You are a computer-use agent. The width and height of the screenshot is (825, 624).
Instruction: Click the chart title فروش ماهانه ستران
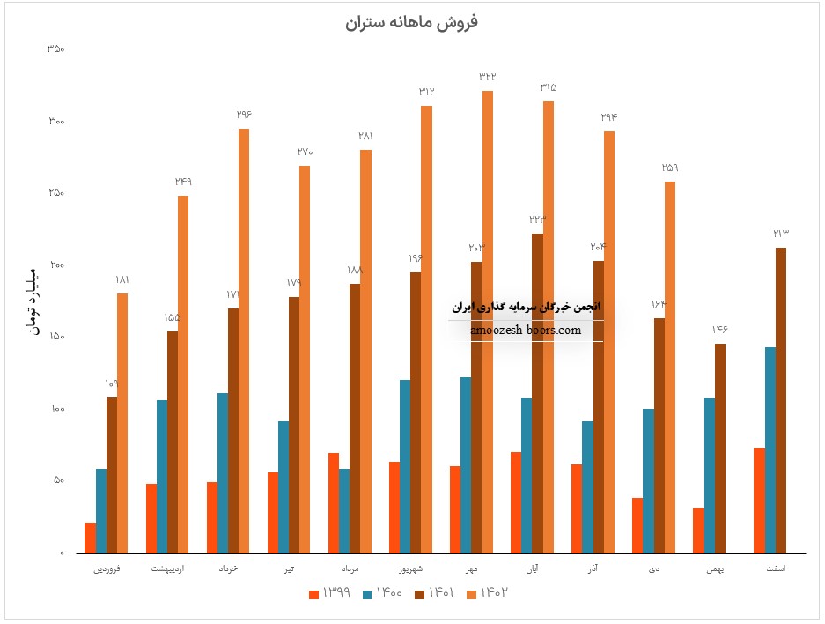pos(412,22)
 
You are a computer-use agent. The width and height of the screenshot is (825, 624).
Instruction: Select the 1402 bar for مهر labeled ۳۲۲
pos(488,322)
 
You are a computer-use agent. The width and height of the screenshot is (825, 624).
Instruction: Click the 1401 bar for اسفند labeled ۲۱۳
pos(781,400)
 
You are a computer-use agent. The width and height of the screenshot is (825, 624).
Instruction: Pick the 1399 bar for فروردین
pos(91,538)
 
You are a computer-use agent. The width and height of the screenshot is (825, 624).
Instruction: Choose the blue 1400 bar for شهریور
pos(405,466)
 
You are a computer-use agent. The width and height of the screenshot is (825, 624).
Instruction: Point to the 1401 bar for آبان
pos(537,393)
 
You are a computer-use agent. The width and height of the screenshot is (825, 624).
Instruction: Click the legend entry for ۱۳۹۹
pos(332,593)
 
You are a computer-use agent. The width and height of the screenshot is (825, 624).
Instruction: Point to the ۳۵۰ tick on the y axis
pos(55,49)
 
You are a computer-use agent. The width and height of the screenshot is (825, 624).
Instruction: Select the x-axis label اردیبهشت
pos(168,569)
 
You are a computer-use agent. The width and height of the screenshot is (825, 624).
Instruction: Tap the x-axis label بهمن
pos(716,569)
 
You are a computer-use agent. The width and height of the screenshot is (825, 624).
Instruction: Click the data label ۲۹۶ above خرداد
pos(244,115)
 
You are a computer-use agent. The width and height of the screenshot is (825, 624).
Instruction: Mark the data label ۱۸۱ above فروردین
pos(122,279)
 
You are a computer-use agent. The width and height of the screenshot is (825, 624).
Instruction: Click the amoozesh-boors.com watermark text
pos(526,331)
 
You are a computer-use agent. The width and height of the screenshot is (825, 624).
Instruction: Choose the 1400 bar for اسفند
pos(770,450)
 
